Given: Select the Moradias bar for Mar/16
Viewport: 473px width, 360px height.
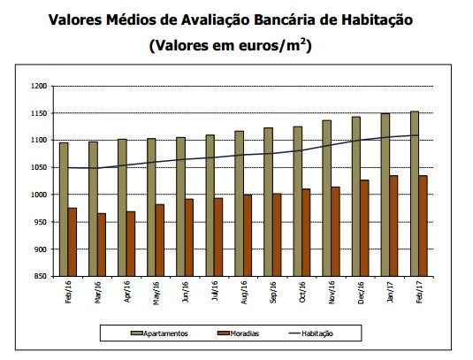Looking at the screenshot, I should click(x=102, y=244).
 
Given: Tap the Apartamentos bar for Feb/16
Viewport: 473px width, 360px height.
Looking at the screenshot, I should click(x=64, y=209).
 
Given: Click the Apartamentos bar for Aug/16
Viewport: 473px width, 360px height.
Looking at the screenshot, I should click(x=239, y=203).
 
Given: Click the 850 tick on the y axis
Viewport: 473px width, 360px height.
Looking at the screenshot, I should click(x=38, y=276).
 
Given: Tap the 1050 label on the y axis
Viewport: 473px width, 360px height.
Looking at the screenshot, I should click(x=36, y=167).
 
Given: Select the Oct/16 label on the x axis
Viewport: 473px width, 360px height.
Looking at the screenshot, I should click(x=301, y=293).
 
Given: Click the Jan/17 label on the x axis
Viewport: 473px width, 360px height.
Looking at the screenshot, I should click(x=389, y=293).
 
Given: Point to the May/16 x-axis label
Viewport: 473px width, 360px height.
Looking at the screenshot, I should click(x=156, y=293).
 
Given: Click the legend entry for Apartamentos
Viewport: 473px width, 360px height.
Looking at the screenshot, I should click(x=164, y=333).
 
